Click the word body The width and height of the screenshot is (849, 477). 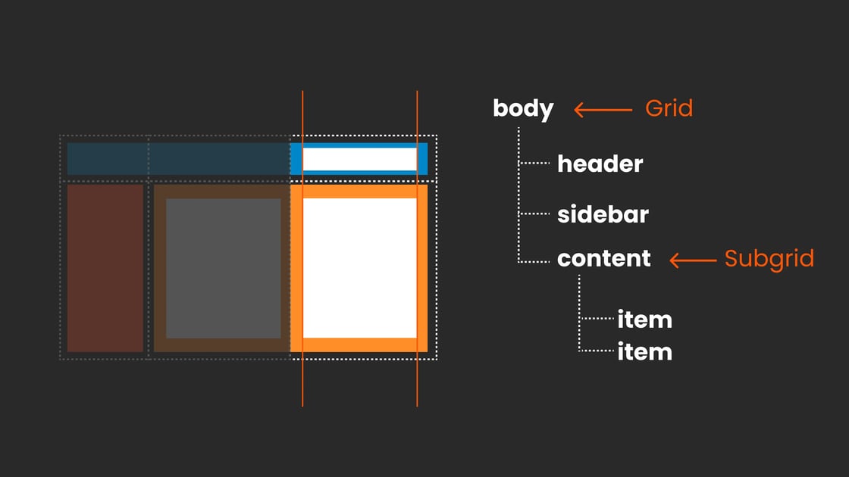523,109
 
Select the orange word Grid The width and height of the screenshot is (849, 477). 669,109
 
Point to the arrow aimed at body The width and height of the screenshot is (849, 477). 603,110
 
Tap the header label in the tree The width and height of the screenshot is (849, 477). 600,164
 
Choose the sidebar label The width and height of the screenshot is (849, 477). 603,214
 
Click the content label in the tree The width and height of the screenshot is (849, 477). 603,258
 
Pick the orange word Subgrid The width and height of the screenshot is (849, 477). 769,259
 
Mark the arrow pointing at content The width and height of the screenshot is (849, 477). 693,260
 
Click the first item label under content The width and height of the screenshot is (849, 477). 644,320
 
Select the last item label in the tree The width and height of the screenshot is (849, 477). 644,352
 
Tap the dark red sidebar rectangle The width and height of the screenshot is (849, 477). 105,268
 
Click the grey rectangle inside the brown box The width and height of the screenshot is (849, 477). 223,268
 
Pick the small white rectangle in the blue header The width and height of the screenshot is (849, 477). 359,159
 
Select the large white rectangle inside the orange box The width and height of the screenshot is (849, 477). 359,268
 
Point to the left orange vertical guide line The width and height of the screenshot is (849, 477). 302,249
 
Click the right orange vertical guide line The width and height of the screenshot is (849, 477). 417,249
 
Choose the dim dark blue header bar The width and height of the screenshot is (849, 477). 179,159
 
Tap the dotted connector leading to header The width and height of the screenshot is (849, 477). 534,163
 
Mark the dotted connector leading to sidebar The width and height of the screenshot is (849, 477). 534,214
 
